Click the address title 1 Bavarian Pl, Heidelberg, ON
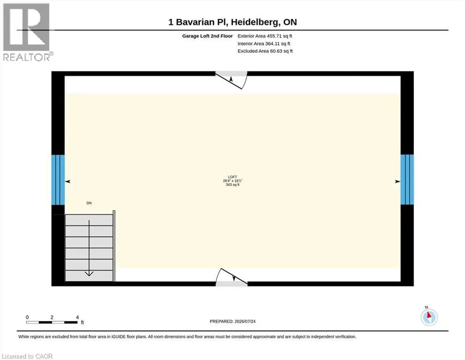click(x=232, y=22)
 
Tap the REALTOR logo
click(x=27, y=32)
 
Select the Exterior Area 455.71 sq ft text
click(x=265, y=36)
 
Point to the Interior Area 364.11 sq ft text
click(x=264, y=44)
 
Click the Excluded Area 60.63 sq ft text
click(x=265, y=51)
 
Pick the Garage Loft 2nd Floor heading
click(x=207, y=36)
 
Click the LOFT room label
click(x=232, y=177)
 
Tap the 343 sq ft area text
click(x=232, y=185)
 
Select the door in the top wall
click(x=231, y=80)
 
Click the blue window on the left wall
click(x=58, y=180)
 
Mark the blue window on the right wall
click(x=407, y=179)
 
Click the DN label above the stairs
click(x=89, y=203)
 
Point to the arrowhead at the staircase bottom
click(x=89, y=274)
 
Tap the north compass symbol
click(x=429, y=317)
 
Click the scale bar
click(x=52, y=322)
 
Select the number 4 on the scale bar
click(x=77, y=317)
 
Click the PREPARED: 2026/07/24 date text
click(x=232, y=322)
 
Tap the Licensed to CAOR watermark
click(x=27, y=356)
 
